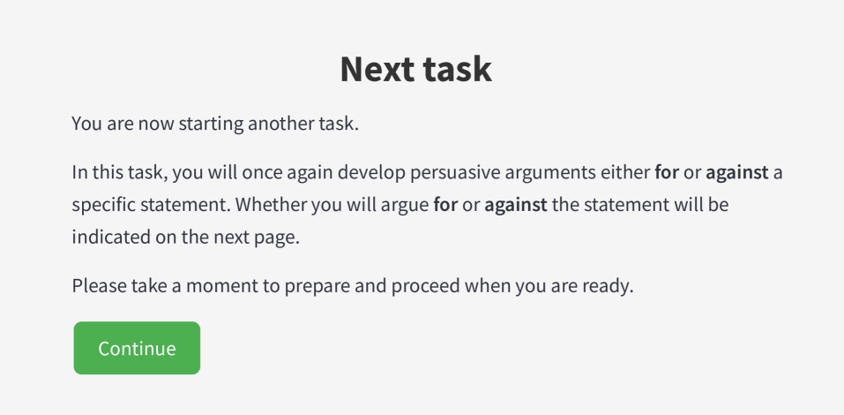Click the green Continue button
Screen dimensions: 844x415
[x=137, y=348]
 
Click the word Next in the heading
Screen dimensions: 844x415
[x=377, y=69]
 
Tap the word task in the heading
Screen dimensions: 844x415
[x=457, y=69]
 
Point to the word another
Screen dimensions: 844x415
[x=277, y=124]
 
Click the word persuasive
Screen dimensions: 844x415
[x=375, y=173]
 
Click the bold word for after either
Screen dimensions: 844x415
[x=667, y=173]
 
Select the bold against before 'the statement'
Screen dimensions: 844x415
[x=516, y=206]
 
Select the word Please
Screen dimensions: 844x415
[x=99, y=286]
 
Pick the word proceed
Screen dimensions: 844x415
[x=417, y=287]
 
